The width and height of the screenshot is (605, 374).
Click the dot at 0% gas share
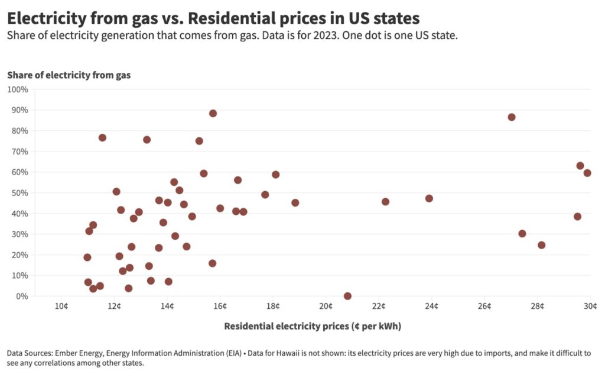(x=347, y=296)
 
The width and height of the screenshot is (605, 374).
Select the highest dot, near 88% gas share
(x=213, y=113)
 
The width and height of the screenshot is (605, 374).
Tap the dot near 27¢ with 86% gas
(x=512, y=117)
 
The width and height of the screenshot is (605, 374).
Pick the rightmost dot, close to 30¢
(x=587, y=173)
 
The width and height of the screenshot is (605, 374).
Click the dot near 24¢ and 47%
(x=429, y=198)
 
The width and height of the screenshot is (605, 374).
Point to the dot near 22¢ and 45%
(x=386, y=202)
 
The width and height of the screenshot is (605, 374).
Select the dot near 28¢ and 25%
(x=541, y=245)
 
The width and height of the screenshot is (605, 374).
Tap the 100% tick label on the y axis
(x=17, y=89)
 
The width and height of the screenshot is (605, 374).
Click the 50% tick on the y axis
(x=19, y=193)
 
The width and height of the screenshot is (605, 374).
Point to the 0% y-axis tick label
(x=21, y=296)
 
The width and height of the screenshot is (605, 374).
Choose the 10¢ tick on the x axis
(x=61, y=306)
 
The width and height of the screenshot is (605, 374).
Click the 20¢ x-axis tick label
(x=326, y=306)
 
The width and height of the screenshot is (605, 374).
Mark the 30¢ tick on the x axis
(x=590, y=306)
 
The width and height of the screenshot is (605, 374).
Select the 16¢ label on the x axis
(x=220, y=306)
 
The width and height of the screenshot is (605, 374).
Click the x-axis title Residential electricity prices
(x=313, y=326)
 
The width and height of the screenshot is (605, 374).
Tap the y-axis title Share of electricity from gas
(x=69, y=75)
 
